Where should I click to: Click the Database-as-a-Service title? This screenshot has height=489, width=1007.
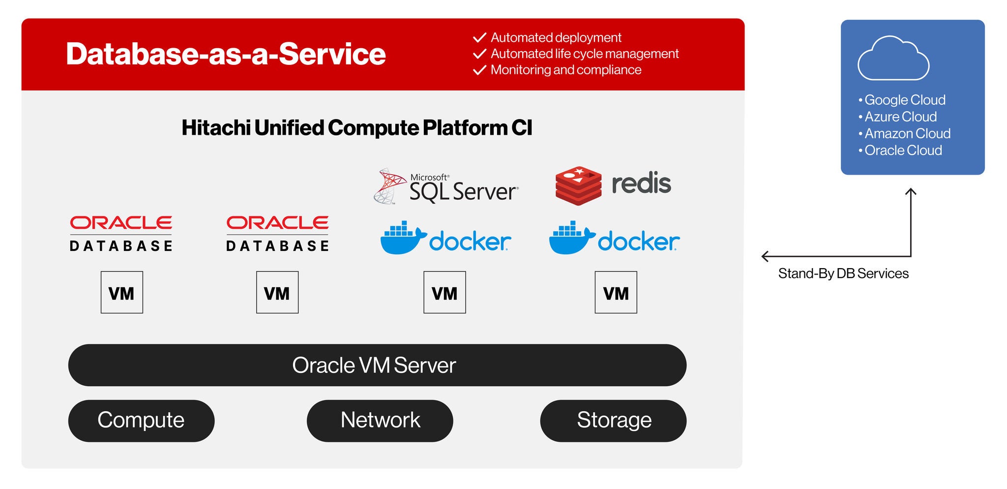click(226, 54)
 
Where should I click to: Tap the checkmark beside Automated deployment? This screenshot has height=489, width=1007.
click(479, 38)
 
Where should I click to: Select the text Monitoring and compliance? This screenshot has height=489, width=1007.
click(565, 70)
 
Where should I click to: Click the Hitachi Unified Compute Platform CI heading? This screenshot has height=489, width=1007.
click(356, 128)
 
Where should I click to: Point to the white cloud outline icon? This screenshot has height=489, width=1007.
click(893, 59)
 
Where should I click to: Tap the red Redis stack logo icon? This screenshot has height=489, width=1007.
click(578, 185)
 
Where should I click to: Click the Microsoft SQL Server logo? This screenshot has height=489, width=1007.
click(446, 186)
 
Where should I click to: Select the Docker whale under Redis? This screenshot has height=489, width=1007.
click(570, 238)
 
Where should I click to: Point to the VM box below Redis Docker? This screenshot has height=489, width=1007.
click(616, 292)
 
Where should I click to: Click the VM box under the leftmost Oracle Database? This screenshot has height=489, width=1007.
click(121, 292)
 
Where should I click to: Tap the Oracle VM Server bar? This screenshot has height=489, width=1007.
click(377, 365)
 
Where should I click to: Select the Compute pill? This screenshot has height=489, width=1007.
click(141, 421)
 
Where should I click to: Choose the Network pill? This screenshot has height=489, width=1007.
click(380, 421)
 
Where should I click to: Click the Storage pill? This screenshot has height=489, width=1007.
click(613, 421)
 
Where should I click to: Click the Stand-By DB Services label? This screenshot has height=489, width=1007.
click(843, 274)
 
